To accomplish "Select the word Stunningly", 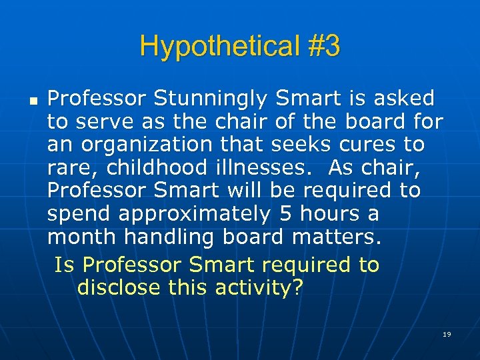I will pos(211,99).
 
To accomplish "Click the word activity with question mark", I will pos(260,288).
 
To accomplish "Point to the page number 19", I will pos(447,333).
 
